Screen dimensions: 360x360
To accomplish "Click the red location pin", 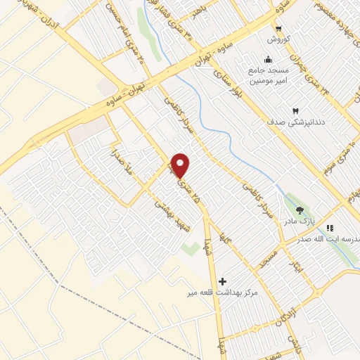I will point(181,165).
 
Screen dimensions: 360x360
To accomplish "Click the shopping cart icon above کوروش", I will point(279,29).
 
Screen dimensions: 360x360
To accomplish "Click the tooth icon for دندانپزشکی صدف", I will point(295,111).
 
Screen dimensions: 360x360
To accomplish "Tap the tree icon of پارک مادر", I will point(300,210).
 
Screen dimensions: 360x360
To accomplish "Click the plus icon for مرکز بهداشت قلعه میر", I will point(223,281).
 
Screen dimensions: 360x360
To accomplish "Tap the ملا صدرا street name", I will point(117,160).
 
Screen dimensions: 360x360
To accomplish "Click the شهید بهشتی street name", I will point(168,211).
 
